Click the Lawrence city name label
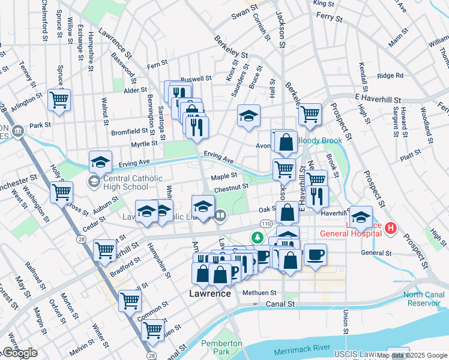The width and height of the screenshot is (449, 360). point(210,294)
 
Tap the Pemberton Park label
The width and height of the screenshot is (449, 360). point(221,348)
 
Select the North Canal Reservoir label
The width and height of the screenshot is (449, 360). point(421,299)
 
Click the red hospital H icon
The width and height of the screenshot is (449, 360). point(391,228)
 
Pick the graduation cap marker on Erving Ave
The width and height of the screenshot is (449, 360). point(100,161)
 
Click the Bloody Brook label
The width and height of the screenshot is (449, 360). point(319,140)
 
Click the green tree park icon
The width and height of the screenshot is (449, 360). point(258,238)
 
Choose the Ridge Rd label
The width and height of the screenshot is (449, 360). point(390,76)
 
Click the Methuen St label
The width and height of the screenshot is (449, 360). point(259,293)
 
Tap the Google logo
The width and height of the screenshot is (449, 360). point(20,353)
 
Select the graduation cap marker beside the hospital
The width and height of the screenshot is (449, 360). point(361,217)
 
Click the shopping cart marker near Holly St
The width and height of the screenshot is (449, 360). point(61,193)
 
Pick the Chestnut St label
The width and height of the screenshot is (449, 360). point(231,188)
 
